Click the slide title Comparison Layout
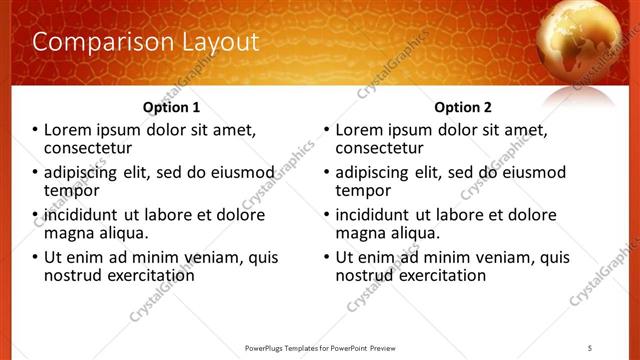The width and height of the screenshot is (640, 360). pyautogui.click(x=145, y=42)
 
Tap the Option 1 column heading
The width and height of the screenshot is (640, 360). pyautogui.click(x=171, y=107)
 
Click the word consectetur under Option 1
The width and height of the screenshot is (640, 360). pyautogui.click(x=91, y=148)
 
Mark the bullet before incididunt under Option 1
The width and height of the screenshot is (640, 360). pyautogui.click(x=34, y=215)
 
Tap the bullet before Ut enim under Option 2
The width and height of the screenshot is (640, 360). pyautogui.click(x=326, y=257)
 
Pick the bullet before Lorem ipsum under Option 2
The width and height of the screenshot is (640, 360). pyautogui.click(x=326, y=130)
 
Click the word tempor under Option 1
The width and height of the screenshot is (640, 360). pyautogui.click(x=72, y=190)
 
